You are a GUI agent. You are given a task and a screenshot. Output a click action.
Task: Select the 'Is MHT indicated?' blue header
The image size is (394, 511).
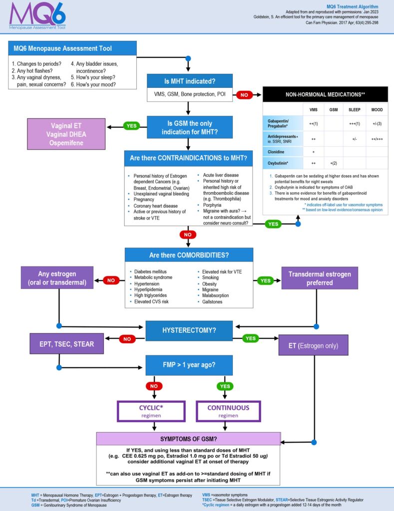(x=189, y=81)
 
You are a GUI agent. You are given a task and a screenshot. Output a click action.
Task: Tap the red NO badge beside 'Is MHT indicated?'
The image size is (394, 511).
(x=244, y=94)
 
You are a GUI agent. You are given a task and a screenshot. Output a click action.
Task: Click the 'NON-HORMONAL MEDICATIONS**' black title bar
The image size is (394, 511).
(x=325, y=94)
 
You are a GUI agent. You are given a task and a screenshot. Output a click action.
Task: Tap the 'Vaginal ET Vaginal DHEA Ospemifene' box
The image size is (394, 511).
(x=69, y=134)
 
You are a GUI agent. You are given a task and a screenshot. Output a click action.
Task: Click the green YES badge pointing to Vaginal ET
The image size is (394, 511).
(x=131, y=126)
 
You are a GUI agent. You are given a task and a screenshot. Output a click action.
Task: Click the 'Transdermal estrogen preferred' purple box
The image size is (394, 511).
(x=320, y=278)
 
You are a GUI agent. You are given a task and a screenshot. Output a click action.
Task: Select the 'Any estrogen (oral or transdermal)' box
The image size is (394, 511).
(x=57, y=278)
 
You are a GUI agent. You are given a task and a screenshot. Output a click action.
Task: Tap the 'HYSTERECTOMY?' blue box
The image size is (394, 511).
(x=189, y=330)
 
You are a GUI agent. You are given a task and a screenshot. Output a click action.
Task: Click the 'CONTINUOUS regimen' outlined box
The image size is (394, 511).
(x=221, y=411)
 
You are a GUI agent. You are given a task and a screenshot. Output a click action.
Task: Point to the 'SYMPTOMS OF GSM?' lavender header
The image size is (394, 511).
(x=188, y=439)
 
